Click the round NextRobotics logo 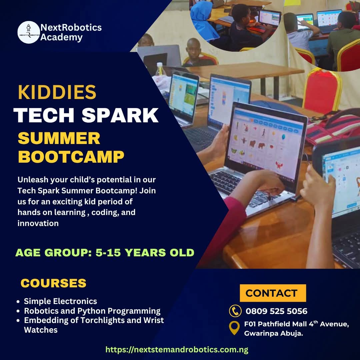29,32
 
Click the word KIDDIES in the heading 57,92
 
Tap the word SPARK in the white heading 120,115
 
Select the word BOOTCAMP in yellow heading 71,157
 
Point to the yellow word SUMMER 59,138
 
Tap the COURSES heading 53,283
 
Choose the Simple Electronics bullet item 60,301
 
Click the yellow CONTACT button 273,293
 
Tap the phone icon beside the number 235,311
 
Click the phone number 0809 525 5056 276,311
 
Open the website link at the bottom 177,350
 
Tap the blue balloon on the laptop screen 284,137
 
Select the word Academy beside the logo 61,37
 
